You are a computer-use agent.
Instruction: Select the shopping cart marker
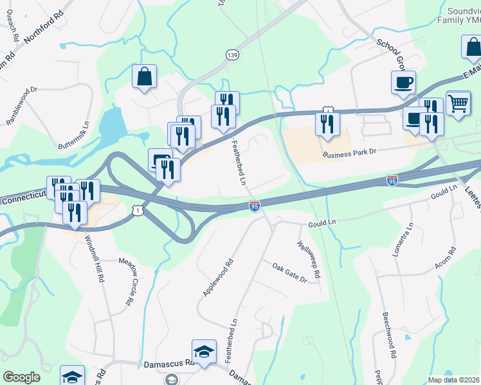click(x=458, y=103)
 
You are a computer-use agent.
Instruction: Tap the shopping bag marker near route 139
click(x=145, y=76)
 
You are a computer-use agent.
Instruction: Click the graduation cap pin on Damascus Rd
click(x=204, y=352)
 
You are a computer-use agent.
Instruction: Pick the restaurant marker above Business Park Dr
click(x=327, y=124)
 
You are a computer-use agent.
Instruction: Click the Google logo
click(x=21, y=377)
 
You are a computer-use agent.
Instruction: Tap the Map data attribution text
click(x=454, y=380)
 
